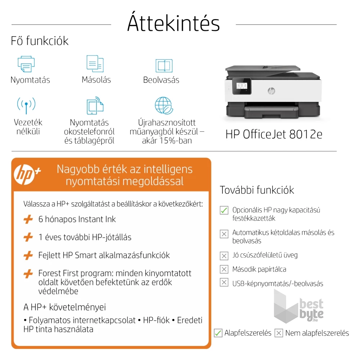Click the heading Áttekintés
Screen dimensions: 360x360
[x=173, y=24]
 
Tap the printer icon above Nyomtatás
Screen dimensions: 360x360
[x=26, y=64]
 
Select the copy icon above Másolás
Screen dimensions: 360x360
[x=95, y=64]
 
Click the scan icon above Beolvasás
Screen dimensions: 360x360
[x=164, y=66]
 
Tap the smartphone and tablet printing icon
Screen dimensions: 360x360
[x=95, y=106]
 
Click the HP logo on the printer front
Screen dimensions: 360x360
[x=271, y=91]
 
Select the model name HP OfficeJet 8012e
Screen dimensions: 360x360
[x=274, y=134]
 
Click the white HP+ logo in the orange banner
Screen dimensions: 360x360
[x=27, y=175]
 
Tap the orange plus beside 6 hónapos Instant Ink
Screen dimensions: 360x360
[x=28, y=219]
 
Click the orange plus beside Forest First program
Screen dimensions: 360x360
[x=28, y=274]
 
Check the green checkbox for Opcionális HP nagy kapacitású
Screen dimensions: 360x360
[x=224, y=210]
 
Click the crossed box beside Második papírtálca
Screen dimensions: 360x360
[x=224, y=269]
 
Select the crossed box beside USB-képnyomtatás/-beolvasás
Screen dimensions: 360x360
[x=224, y=283]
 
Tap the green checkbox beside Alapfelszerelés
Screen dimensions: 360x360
[x=218, y=333]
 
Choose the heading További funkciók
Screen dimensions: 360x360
[x=257, y=190]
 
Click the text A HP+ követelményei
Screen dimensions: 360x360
[x=64, y=307]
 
